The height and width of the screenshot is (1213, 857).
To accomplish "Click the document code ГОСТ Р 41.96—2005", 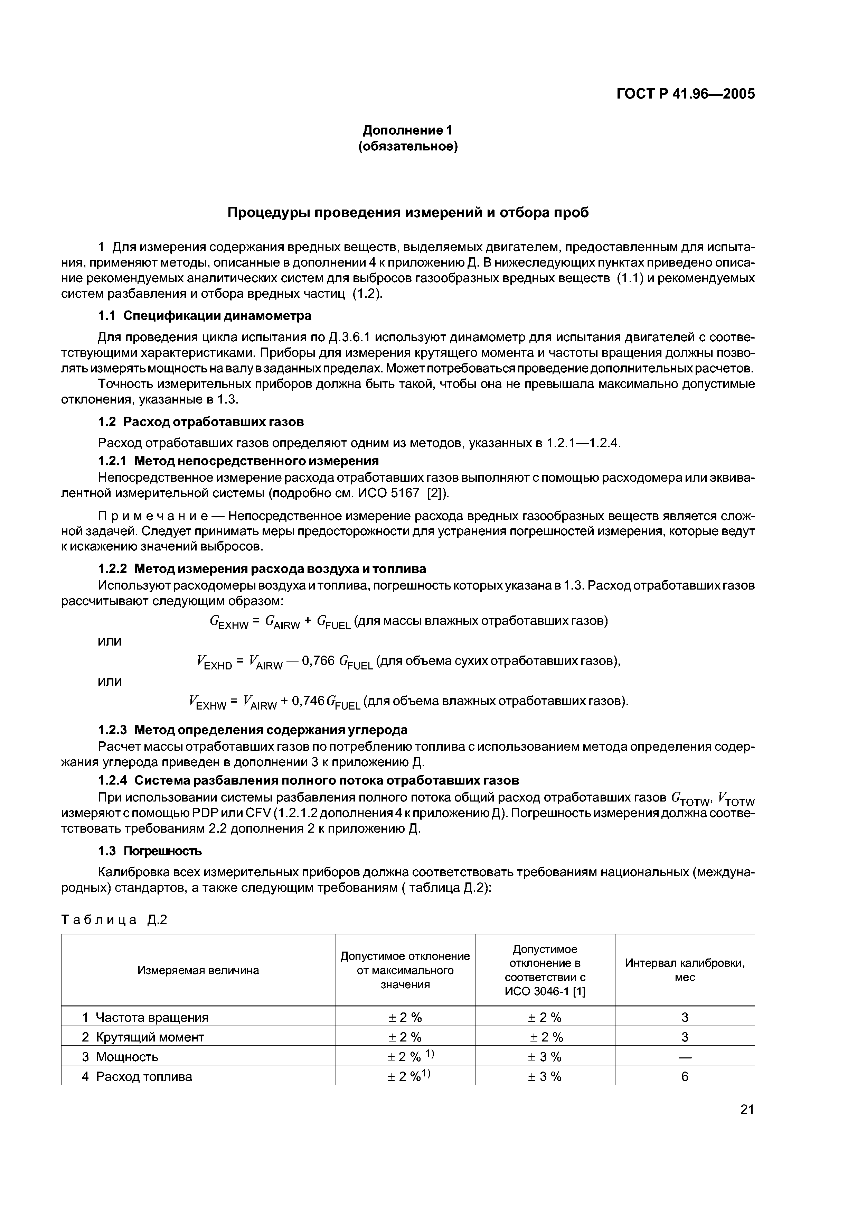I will pyautogui.click(x=685, y=94).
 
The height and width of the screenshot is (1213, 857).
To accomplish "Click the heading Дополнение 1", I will pyautogui.click(x=408, y=130).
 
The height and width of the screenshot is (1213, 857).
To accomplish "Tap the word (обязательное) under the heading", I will pyautogui.click(x=408, y=146).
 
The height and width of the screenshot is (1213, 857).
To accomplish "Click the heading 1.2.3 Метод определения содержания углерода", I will pyautogui.click(x=253, y=730).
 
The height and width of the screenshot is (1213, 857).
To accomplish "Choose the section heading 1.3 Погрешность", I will pyautogui.click(x=150, y=851).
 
